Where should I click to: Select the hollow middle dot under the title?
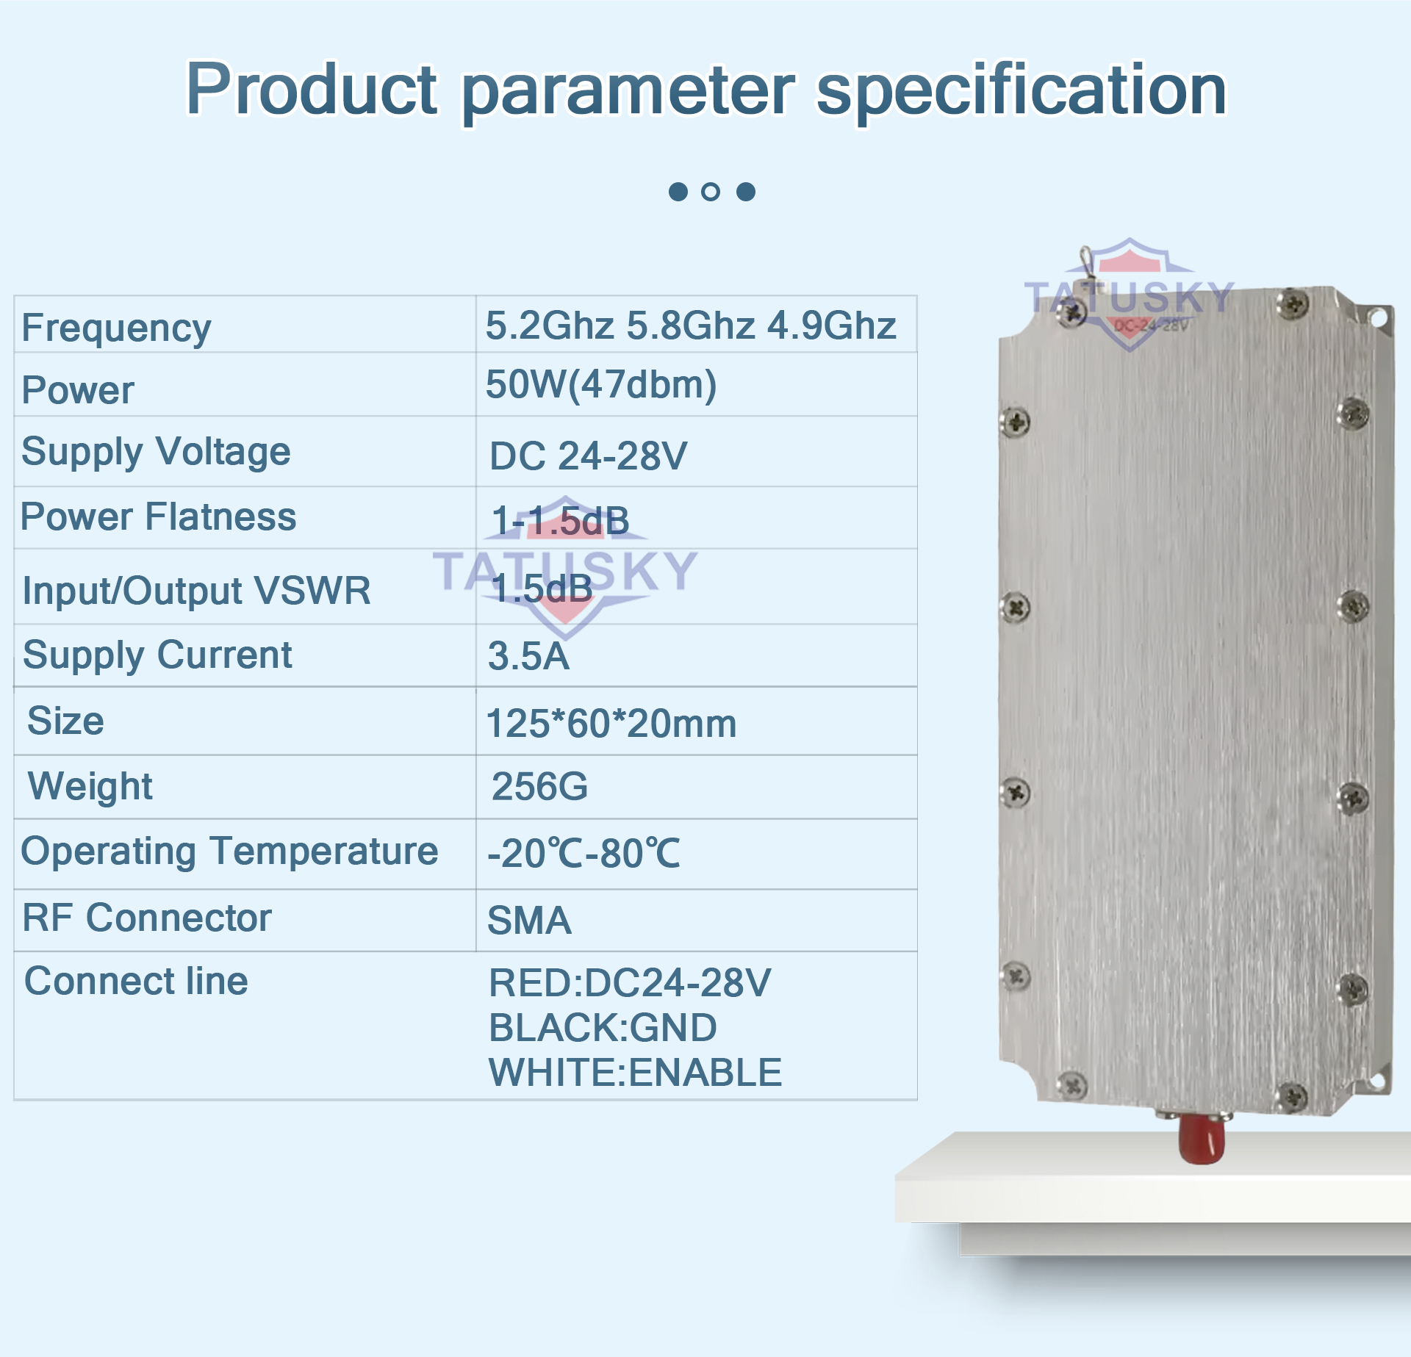(711, 192)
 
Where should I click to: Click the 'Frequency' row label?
(116, 328)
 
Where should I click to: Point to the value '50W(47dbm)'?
(601, 385)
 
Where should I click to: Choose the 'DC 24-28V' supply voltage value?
(589, 456)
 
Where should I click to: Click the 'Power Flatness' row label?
(158, 516)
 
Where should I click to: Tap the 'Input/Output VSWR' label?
(196, 591)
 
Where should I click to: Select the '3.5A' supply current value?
(528, 656)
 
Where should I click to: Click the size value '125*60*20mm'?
(611, 723)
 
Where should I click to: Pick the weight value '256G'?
(539, 786)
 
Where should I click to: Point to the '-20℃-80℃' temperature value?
(584, 853)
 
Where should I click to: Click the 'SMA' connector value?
(529, 920)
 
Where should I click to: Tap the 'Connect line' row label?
(136, 981)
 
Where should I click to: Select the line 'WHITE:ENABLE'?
(635, 1072)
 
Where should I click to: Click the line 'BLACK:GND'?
(603, 1027)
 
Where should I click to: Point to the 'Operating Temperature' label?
(229, 852)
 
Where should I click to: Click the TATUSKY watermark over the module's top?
(1130, 296)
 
